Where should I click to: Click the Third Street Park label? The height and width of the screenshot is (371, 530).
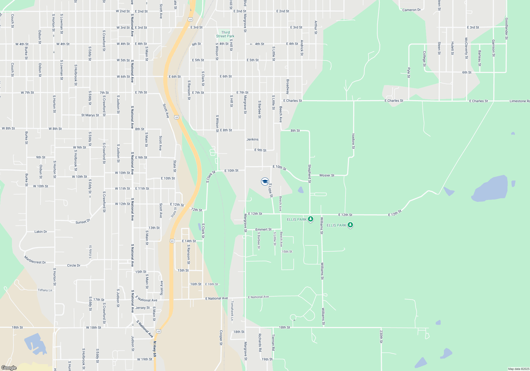[225, 34]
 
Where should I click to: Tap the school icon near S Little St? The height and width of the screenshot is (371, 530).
[265, 182]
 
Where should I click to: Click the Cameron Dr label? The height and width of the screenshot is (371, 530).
[411, 10]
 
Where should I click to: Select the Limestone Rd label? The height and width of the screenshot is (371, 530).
[519, 101]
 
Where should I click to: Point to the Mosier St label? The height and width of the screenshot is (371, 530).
[327, 175]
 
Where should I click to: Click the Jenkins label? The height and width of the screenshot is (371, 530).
[252, 139]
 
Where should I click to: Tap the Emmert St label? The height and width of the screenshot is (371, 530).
[263, 229]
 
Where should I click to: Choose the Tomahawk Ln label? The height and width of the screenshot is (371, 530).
[232, 310]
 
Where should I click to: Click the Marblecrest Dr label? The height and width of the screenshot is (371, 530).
[35, 260]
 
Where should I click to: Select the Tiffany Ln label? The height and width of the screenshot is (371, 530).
[45, 290]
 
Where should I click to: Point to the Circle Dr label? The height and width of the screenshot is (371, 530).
[74, 265]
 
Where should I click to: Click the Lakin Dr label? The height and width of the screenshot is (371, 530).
[41, 232]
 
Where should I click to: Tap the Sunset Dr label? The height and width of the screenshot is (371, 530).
[83, 222]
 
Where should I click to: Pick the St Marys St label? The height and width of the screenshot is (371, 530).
[90, 115]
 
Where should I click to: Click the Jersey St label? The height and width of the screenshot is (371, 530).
[142, 308]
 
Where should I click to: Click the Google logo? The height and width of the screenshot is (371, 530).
[9, 368]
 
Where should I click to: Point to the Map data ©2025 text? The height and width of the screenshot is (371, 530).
[519, 369]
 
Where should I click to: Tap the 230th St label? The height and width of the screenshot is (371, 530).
[381, 337]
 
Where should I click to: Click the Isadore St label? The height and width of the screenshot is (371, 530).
[353, 141]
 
